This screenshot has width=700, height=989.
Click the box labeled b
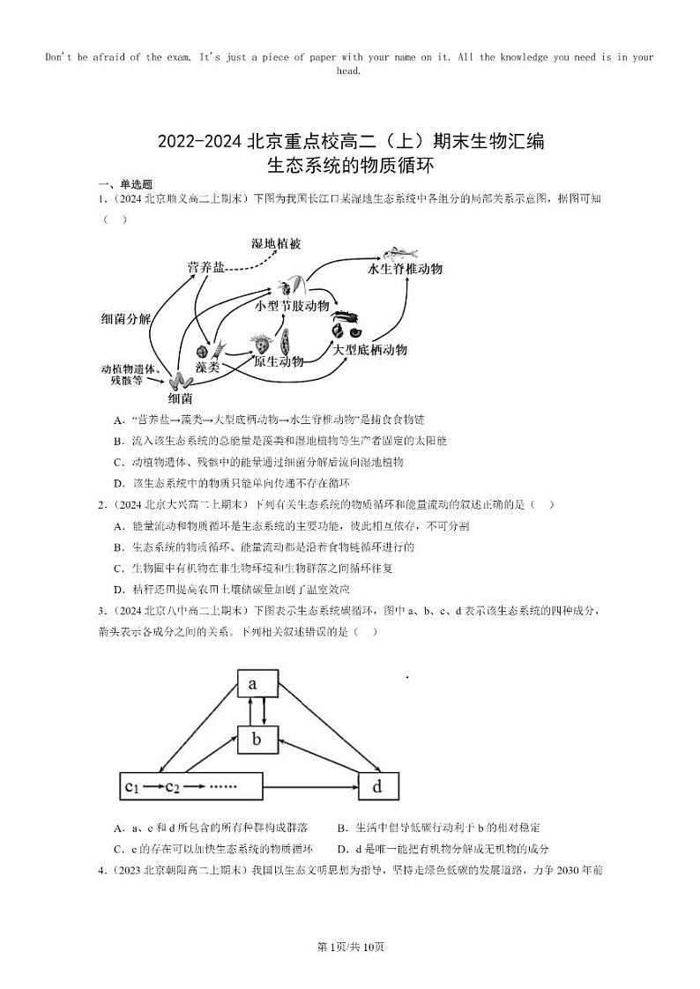257,739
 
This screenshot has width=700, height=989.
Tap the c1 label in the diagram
133,786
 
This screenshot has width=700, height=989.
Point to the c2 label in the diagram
172,786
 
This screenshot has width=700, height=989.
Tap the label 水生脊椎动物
405,269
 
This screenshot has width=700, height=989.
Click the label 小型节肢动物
292,305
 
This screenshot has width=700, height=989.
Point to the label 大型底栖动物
369,349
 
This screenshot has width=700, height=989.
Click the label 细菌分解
126,319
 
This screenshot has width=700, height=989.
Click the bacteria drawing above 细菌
182,381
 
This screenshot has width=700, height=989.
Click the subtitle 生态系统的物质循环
351,164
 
